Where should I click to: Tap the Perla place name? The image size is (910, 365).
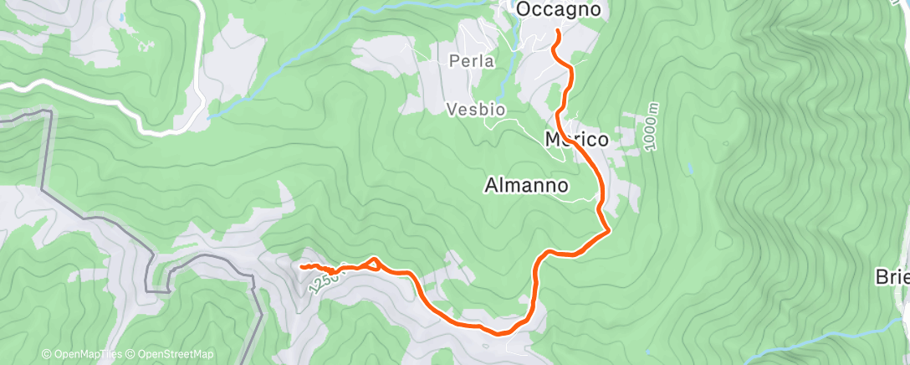(472, 61)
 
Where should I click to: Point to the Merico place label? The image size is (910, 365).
(576, 139)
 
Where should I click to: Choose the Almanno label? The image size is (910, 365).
(527, 185)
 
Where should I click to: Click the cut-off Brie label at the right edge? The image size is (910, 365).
(892, 277)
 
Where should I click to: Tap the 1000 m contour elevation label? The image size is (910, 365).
(652, 127)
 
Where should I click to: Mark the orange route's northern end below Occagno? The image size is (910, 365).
(558, 32)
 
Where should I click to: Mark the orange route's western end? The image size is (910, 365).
(300, 265)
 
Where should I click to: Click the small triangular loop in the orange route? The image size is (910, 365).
(373, 264)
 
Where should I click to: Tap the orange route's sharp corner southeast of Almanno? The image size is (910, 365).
(611, 229)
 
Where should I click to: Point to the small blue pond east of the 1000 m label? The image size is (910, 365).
(691, 169)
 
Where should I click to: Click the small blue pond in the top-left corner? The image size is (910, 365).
(121, 17)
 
